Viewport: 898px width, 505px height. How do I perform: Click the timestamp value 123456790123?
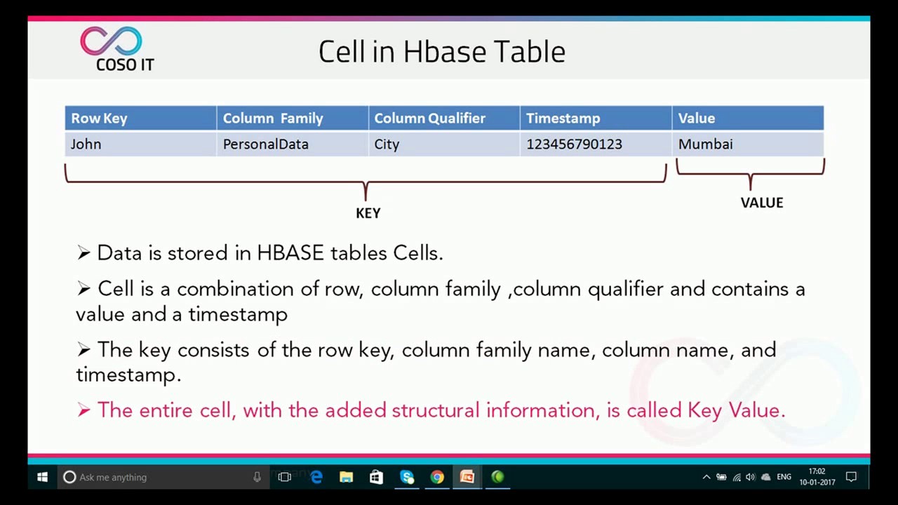click(x=574, y=144)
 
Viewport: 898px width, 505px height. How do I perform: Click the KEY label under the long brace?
click(x=368, y=213)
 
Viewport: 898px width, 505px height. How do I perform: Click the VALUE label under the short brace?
click(x=761, y=203)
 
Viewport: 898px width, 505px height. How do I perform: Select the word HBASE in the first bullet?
click(x=290, y=253)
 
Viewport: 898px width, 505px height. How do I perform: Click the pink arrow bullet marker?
click(x=83, y=410)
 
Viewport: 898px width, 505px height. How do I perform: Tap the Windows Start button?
click(x=42, y=477)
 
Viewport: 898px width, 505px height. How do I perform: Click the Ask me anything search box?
click(x=161, y=477)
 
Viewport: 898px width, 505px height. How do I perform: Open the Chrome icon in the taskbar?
click(x=437, y=477)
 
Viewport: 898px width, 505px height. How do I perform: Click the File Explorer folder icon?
click(x=346, y=477)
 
